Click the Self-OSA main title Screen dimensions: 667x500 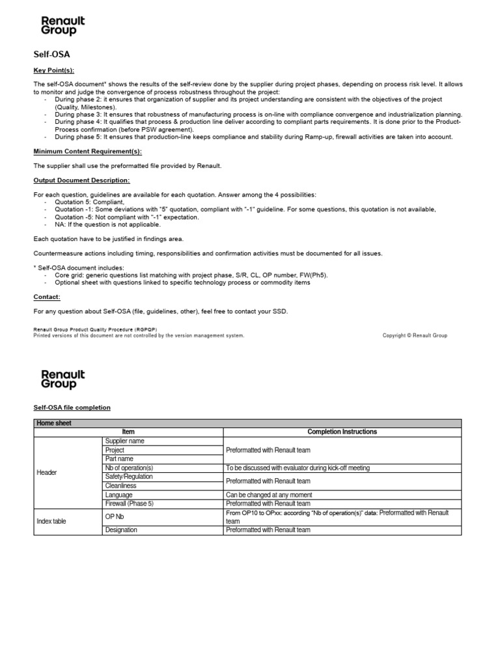tap(51, 55)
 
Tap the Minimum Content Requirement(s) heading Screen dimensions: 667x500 tap(87, 151)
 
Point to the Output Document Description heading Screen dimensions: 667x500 tap(81, 180)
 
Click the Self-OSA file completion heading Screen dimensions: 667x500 tap(72, 407)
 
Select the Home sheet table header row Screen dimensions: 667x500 tap(247, 423)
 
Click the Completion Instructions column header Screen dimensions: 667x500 tap(342, 432)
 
